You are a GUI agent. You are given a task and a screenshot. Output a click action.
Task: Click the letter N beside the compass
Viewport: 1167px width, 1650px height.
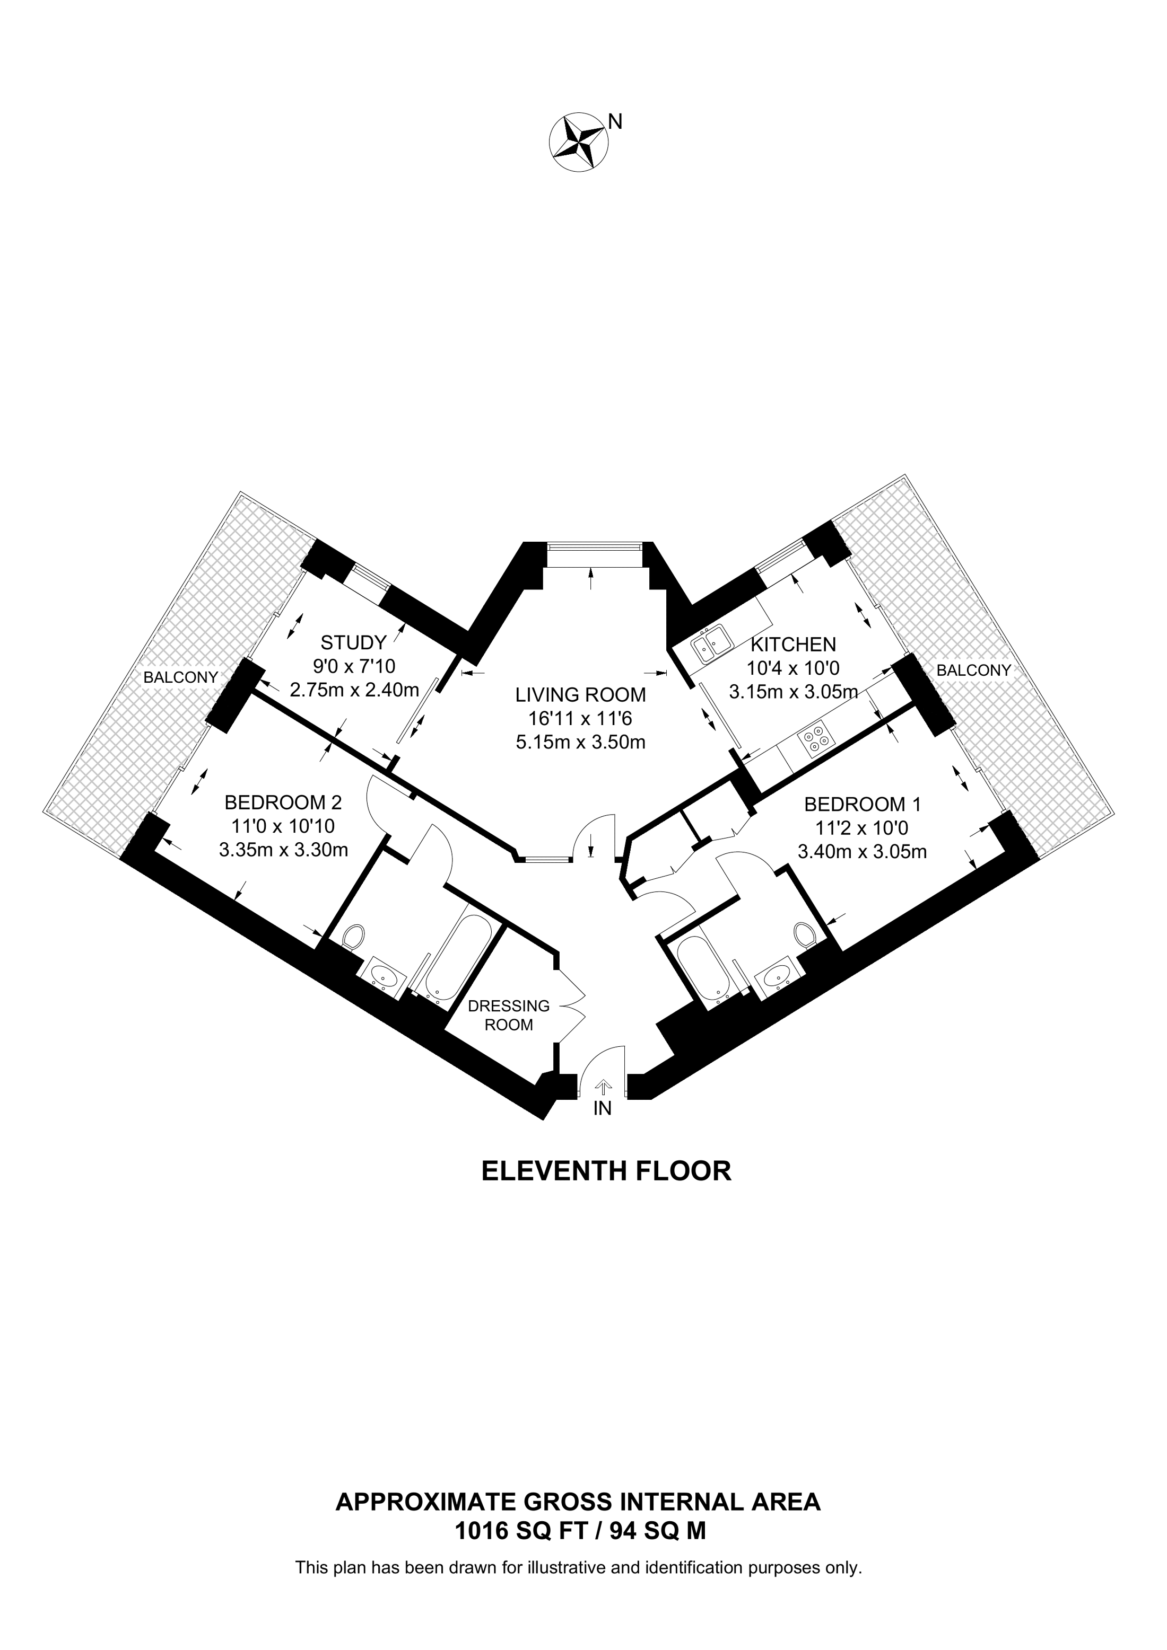click(615, 122)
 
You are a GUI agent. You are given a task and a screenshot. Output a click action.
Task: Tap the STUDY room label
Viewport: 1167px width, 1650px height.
click(354, 642)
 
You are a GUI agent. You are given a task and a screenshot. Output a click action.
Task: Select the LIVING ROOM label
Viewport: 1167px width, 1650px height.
click(580, 695)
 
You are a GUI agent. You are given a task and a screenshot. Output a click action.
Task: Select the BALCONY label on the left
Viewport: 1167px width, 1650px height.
click(180, 677)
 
